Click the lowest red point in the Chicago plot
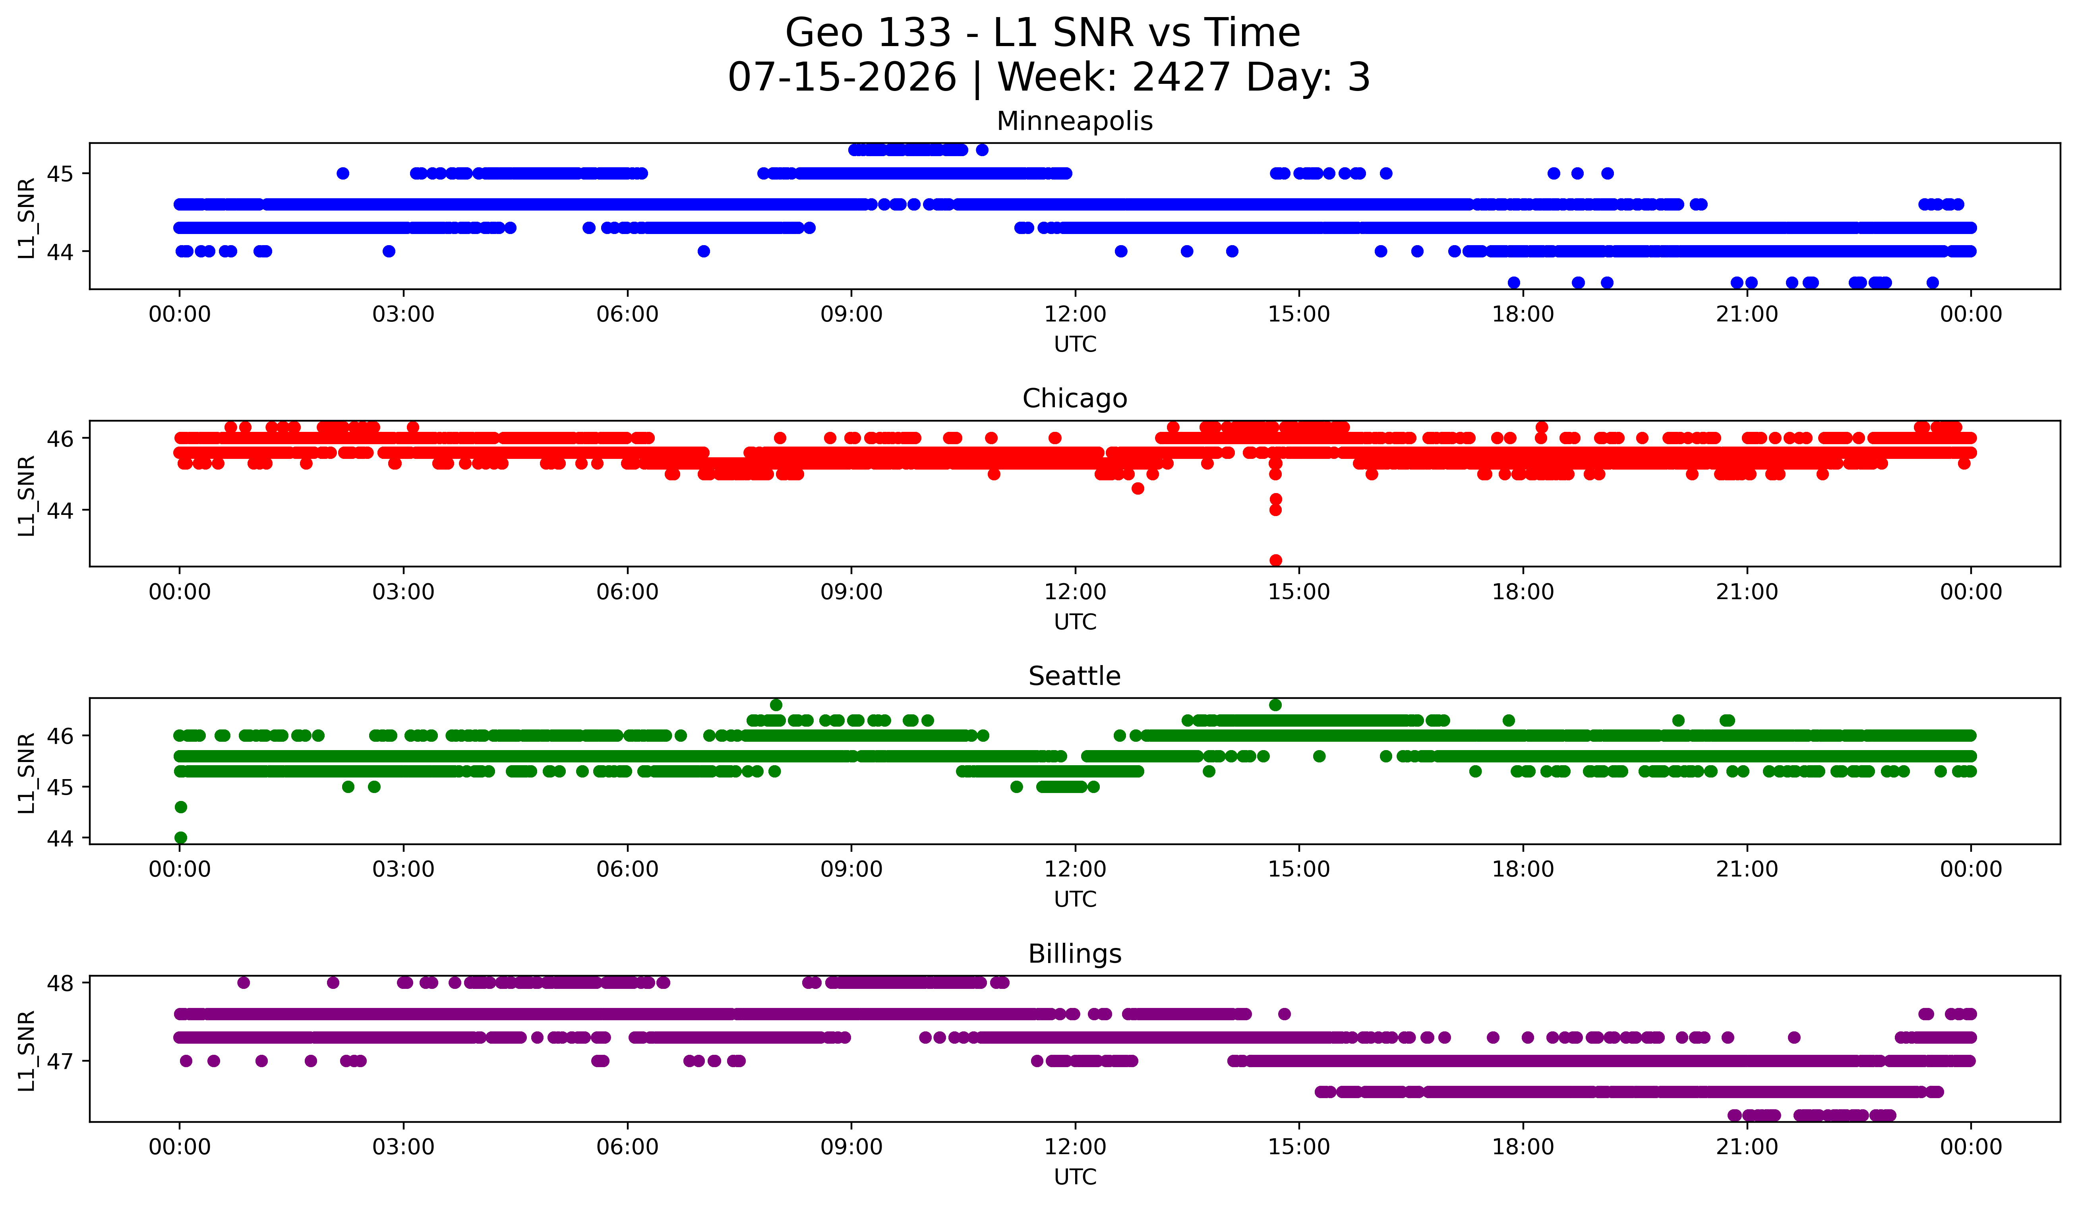[1275, 560]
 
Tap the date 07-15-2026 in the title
[842, 77]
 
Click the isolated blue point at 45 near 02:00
[343, 173]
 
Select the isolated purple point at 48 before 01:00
[243, 983]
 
